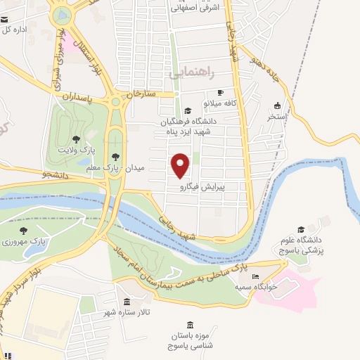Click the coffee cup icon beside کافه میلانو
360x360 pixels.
click(x=220, y=92)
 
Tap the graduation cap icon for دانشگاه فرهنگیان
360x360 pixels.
click(x=187, y=110)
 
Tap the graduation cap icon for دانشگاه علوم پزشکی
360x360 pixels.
click(x=302, y=229)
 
